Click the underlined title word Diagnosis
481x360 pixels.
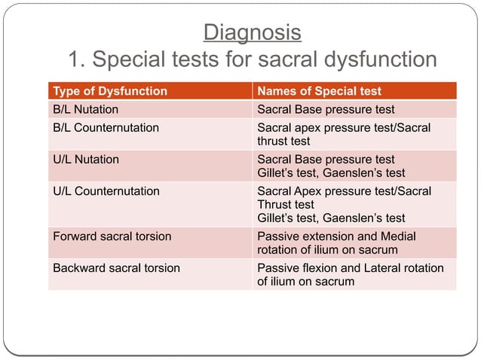pyautogui.click(x=253, y=33)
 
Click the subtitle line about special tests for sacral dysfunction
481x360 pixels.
pyautogui.click(x=253, y=59)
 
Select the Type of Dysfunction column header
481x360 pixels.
pyautogui.click(x=110, y=92)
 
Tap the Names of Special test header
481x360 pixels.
pyautogui.click(x=320, y=92)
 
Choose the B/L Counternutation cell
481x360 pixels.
pyautogui.click(x=106, y=127)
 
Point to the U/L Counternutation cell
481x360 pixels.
pyautogui.click(x=106, y=191)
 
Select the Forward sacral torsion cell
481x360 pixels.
pyautogui.click(x=112, y=236)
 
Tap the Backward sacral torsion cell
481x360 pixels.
pyautogui.click(x=116, y=267)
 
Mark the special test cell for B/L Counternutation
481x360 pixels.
pyautogui.click(x=344, y=134)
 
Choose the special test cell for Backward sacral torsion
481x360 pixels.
pyautogui.click(x=350, y=275)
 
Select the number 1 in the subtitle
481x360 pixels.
pyautogui.click(x=74, y=59)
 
